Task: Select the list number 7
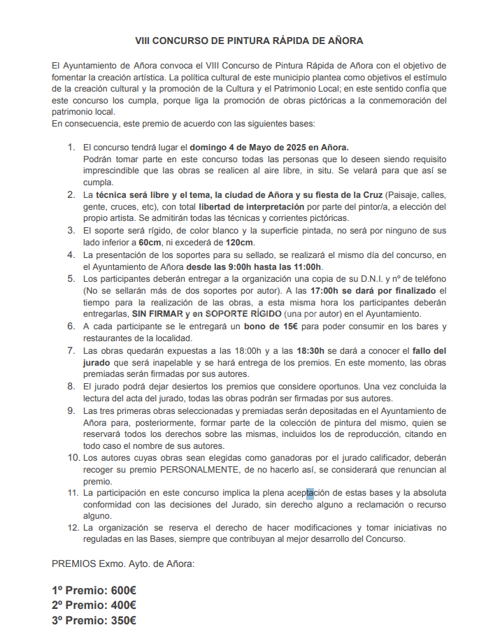[x=71, y=350]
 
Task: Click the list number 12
[x=73, y=528]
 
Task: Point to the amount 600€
[x=120, y=589]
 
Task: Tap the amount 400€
[x=120, y=605]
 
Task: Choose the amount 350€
[x=120, y=620]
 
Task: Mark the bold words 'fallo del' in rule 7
[x=424, y=350]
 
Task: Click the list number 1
[x=71, y=148]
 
